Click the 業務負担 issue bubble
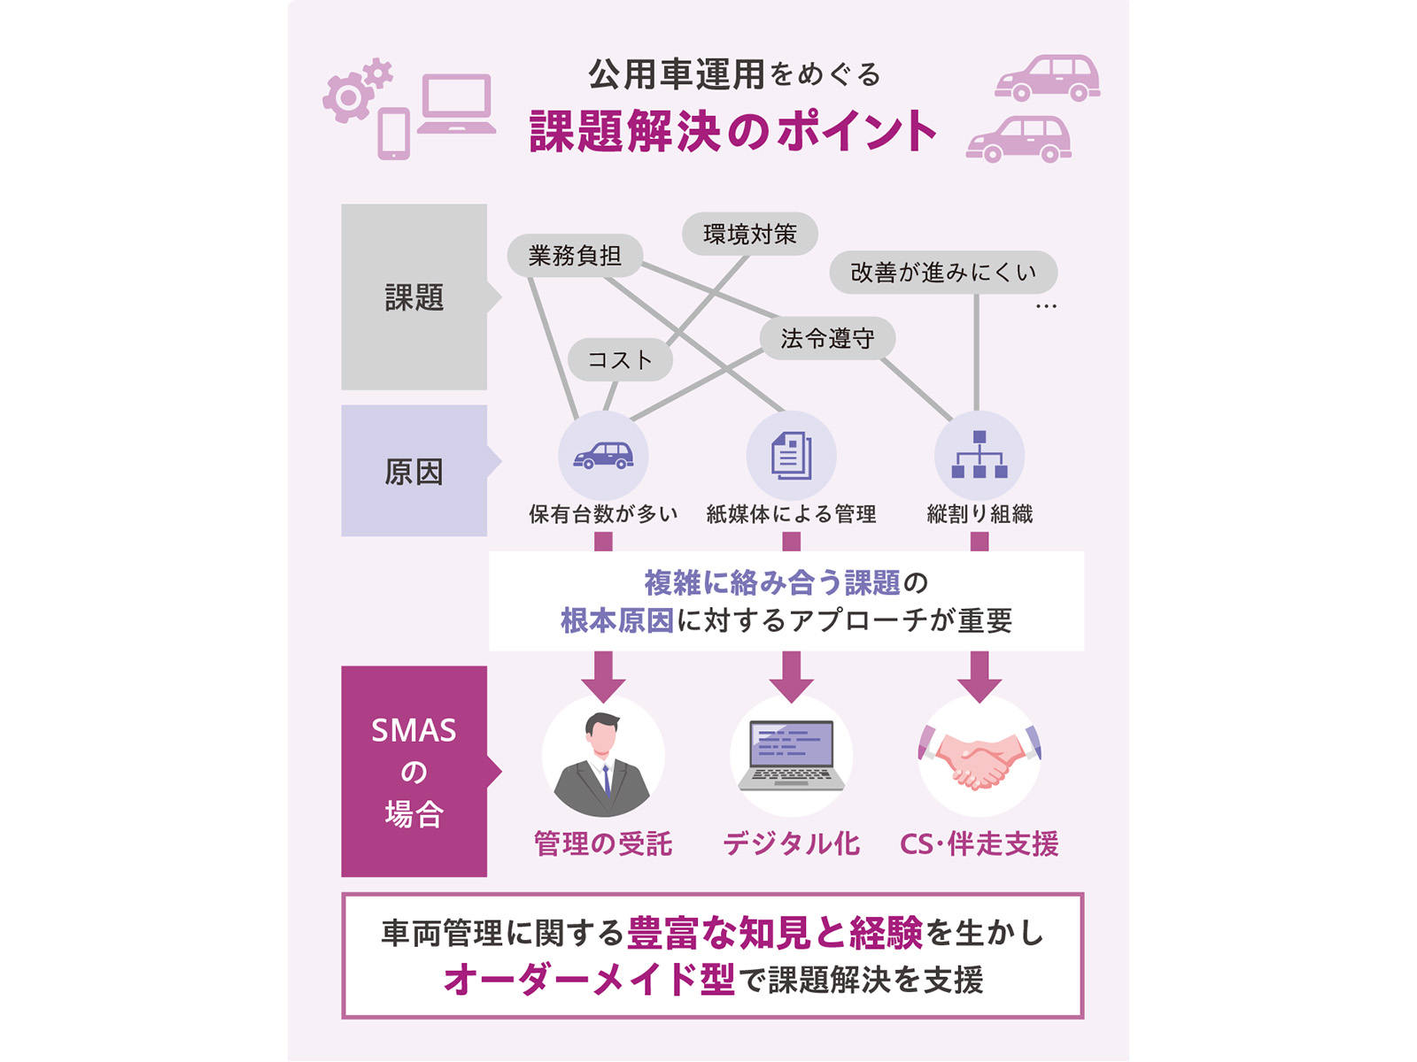tap(575, 256)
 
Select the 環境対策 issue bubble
tap(750, 234)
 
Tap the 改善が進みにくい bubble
tap(943, 272)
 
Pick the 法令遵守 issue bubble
tap(827, 338)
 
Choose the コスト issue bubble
tap(621, 359)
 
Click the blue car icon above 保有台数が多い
tap(603, 455)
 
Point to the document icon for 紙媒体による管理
tap(792, 455)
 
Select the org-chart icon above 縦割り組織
tap(980, 455)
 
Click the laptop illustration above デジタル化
tap(792, 755)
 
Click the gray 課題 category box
tap(414, 297)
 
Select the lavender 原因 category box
tap(414, 471)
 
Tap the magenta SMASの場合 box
tap(414, 771)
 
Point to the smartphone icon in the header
tap(394, 134)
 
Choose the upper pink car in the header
tap(1047, 78)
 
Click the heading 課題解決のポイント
tap(732, 131)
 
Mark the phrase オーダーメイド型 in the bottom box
tap(589, 980)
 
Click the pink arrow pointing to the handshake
tap(980, 677)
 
